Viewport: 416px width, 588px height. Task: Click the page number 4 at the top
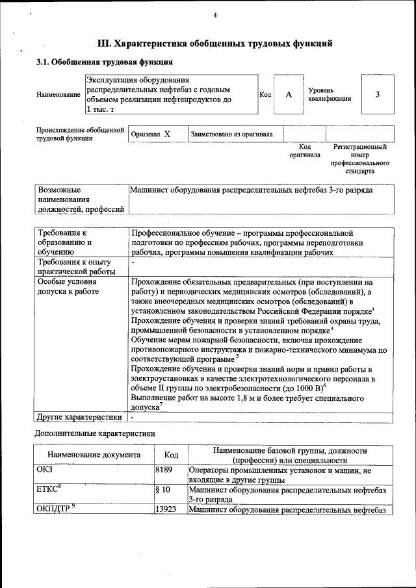pyautogui.click(x=214, y=15)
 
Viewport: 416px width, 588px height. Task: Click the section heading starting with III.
pyautogui.click(x=214, y=44)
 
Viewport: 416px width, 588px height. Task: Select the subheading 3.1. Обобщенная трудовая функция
pyautogui.click(x=104, y=63)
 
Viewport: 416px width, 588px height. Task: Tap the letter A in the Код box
pyautogui.click(x=289, y=95)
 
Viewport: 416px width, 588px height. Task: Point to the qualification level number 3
pyautogui.click(x=377, y=95)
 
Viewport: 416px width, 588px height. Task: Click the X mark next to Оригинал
pyautogui.click(x=167, y=134)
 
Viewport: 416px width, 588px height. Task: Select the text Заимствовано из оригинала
pyautogui.click(x=231, y=134)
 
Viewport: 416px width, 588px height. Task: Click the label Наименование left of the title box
pyautogui.click(x=58, y=95)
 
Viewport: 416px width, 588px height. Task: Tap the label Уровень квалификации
pyautogui.click(x=330, y=94)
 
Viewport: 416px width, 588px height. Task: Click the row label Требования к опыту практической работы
pyautogui.click(x=77, y=266)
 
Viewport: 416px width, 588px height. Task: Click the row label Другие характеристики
pyautogui.click(x=79, y=416)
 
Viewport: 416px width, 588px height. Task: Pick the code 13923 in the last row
pyautogui.click(x=166, y=509)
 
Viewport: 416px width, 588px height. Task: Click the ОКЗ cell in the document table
pyautogui.click(x=46, y=469)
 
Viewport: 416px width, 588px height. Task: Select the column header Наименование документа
pyautogui.click(x=94, y=455)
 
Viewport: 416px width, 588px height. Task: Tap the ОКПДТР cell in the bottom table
pyautogui.click(x=57, y=509)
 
